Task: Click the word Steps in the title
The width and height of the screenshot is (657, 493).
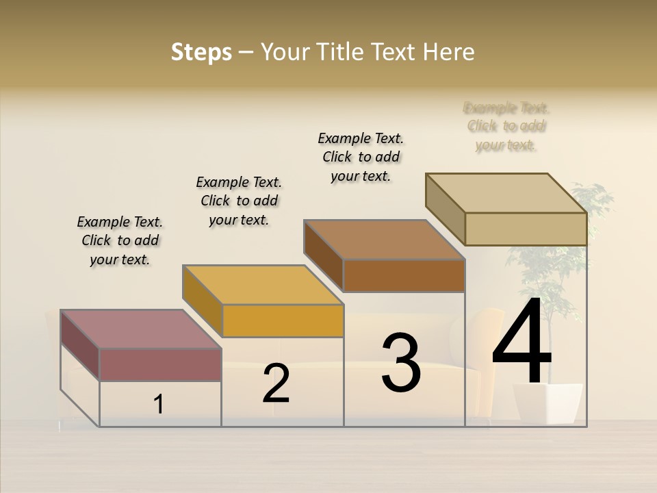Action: pos(201,52)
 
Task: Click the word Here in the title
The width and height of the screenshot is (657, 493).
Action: pos(450,52)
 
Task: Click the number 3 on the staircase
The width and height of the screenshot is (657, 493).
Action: pos(401,363)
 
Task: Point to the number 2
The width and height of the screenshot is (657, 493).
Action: pos(276,384)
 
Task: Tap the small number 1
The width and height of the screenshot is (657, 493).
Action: pos(159,404)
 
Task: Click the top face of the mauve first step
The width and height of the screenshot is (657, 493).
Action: pos(141,329)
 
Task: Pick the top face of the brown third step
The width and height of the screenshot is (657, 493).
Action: pos(385,240)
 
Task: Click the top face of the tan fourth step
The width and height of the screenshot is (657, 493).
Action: pos(506,193)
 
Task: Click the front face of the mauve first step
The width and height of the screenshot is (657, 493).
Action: pos(160,364)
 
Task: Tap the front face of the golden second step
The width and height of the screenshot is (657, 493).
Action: pos(283,320)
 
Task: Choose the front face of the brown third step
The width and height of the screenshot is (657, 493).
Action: pos(404,275)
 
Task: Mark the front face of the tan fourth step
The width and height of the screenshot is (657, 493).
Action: pos(526,229)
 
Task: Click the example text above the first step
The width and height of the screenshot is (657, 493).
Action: pos(120,240)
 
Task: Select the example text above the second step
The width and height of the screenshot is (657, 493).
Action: pos(239,201)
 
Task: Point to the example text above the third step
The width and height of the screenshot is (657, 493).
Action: pos(361,157)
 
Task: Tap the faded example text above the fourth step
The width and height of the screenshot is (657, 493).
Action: pos(506,126)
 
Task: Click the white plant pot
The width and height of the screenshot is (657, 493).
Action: pos(547,403)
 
